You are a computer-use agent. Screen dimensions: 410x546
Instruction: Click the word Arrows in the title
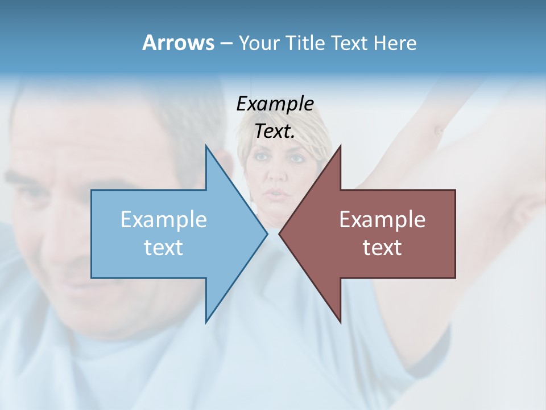point(178,43)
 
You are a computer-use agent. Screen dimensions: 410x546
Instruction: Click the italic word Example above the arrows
point(275,104)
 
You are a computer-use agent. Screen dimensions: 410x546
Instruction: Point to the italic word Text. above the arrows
point(275,131)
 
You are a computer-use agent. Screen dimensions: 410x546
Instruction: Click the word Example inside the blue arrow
point(164,220)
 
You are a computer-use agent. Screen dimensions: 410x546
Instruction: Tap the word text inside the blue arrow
point(164,247)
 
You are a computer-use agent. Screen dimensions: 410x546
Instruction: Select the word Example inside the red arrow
point(382,220)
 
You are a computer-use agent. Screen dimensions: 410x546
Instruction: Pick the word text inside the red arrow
point(382,247)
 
